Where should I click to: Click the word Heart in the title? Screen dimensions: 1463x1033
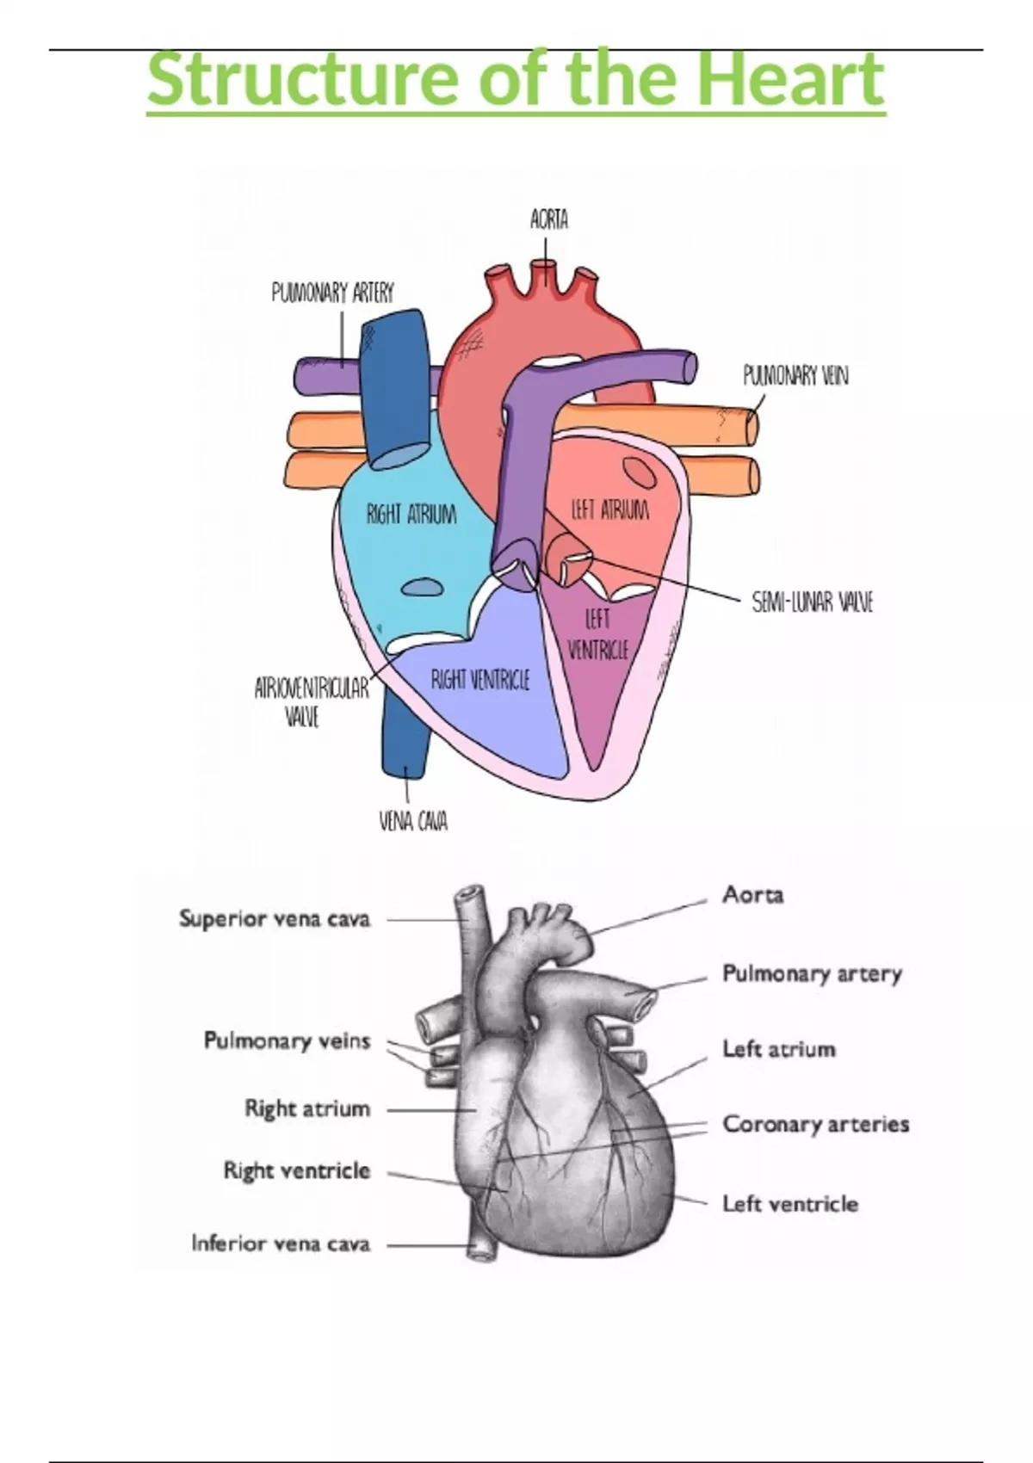tap(779, 79)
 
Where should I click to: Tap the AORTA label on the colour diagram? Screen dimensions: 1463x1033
tap(549, 220)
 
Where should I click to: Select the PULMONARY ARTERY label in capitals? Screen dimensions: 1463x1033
tap(332, 293)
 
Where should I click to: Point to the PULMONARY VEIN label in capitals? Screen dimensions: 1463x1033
tap(795, 376)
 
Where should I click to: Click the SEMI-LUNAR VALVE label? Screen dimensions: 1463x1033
tap(812, 602)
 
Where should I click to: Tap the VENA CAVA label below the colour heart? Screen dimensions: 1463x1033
tap(413, 822)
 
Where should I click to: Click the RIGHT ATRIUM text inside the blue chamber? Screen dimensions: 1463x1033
tap(411, 515)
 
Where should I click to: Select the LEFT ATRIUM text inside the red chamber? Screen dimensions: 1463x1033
tap(610, 510)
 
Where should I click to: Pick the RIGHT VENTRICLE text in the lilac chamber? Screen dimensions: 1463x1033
tap(480, 681)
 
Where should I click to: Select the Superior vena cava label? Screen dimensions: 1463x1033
tap(275, 919)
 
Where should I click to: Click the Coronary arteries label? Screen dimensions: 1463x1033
tap(815, 1124)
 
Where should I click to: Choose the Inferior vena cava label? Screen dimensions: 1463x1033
tap(281, 1244)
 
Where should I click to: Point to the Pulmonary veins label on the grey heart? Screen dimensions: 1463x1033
tap(287, 1041)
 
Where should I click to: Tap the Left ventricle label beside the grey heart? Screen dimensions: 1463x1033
tap(789, 1203)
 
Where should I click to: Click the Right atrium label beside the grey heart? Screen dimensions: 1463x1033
tap(307, 1108)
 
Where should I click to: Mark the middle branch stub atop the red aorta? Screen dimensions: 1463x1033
tap(543, 275)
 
